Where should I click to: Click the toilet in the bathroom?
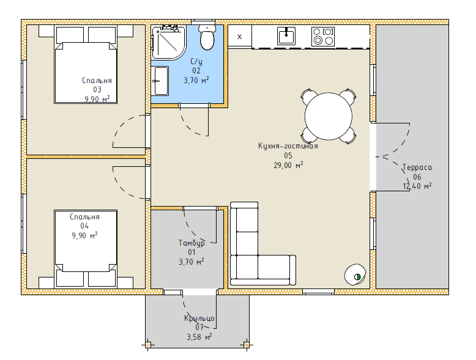(x=207, y=37)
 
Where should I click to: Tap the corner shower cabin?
(x=168, y=42)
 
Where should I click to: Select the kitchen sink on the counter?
(x=286, y=36)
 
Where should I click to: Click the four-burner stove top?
(x=323, y=37)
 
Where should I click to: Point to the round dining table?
(x=329, y=117)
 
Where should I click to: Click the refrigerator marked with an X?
(x=239, y=36)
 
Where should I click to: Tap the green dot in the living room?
(x=357, y=277)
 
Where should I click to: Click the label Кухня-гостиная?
(x=288, y=146)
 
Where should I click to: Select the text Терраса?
(x=417, y=167)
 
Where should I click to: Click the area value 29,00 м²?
(x=288, y=165)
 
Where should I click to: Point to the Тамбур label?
(x=192, y=243)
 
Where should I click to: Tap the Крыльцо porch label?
(x=199, y=318)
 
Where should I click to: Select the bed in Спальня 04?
(x=86, y=248)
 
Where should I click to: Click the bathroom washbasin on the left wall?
(x=160, y=81)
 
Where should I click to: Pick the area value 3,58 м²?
(x=199, y=337)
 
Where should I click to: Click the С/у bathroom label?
(x=196, y=62)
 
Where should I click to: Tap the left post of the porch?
(x=148, y=345)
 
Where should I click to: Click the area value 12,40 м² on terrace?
(x=417, y=186)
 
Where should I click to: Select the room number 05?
(x=288, y=156)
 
